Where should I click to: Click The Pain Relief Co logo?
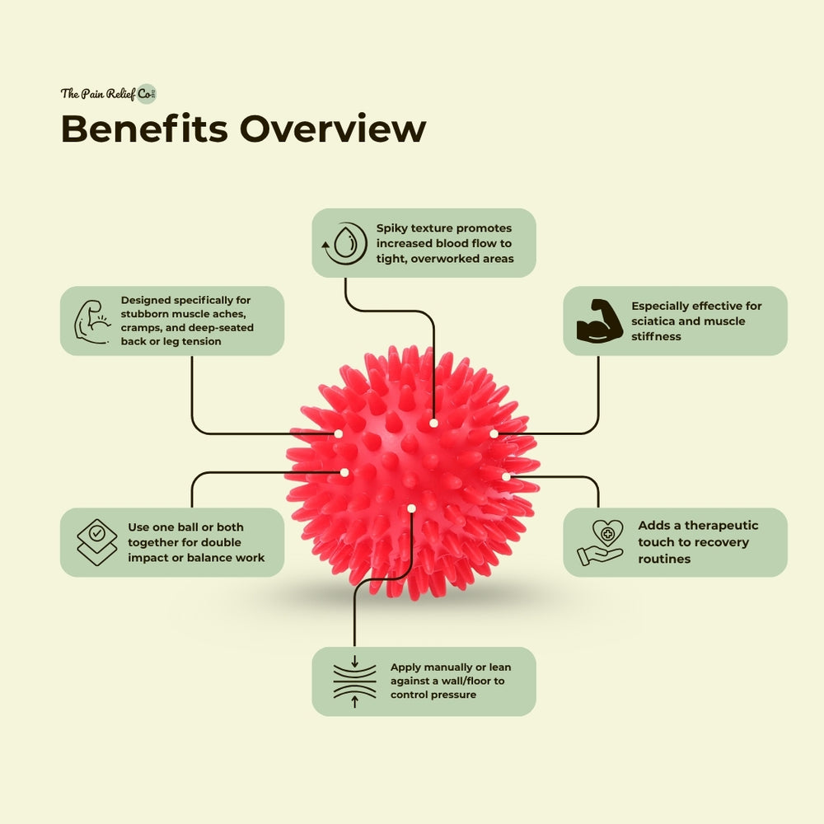[x=108, y=93]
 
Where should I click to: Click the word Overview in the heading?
[x=333, y=129]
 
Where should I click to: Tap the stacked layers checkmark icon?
[x=96, y=541]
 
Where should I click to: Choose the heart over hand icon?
[x=601, y=541]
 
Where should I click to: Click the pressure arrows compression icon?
[x=354, y=681]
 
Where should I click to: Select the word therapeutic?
[x=714, y=526]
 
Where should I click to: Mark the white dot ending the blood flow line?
[x=433, y=423]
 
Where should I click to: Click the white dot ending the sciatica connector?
[x=494, y=433]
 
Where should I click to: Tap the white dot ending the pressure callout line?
[x=411, y=508]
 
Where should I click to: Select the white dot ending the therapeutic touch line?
[x=506, y=476]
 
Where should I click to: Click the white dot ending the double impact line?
[x=344, y=472]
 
